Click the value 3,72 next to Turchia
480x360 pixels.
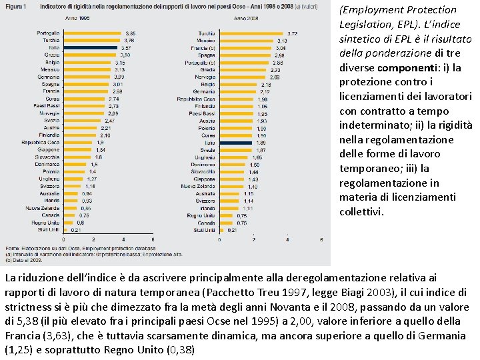(293, 33)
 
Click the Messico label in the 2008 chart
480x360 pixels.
(205, 41)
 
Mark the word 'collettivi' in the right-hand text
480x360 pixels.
(362, 212)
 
